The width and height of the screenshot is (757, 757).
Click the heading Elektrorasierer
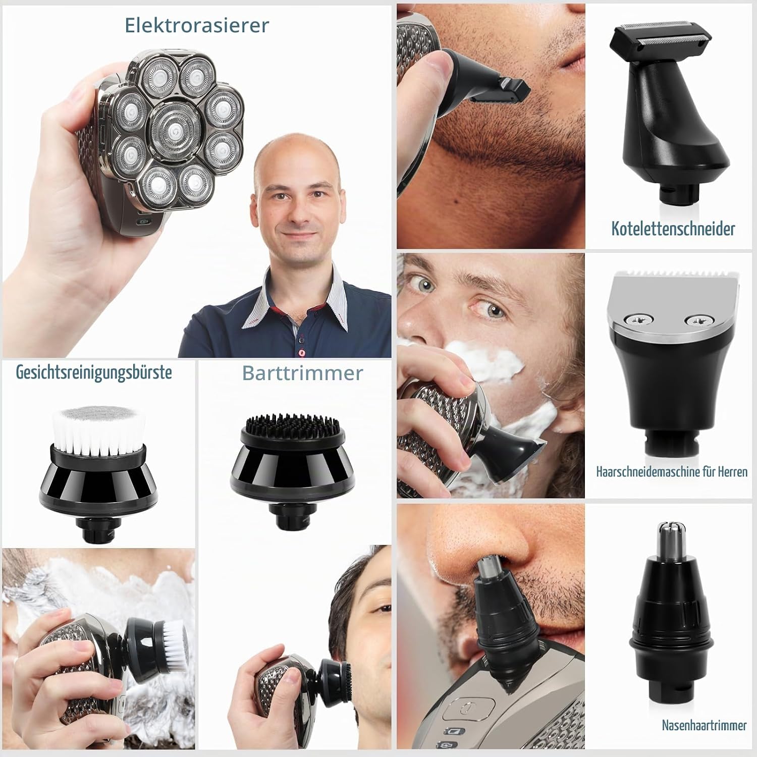[x=197, y=25]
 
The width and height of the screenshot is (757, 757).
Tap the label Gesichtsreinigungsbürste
[x=94, y=372]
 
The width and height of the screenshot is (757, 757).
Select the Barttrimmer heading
[x=303, y=373]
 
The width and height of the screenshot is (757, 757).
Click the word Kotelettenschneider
[x=673, y=229]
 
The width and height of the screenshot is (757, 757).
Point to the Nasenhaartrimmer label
[x=704, y=726]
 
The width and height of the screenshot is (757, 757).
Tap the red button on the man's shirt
[x=302, y=352]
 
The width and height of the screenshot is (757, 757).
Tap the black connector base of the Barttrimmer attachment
[x=291, y=517]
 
